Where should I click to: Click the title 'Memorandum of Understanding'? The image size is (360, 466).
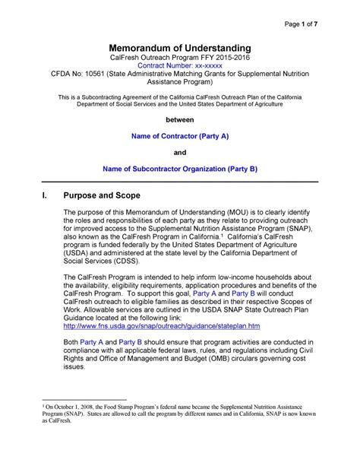point(179,47)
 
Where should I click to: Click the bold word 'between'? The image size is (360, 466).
point(180,120)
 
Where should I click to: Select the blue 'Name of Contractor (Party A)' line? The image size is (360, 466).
point(180,137)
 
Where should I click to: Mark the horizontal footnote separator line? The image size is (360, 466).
point(81,423)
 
